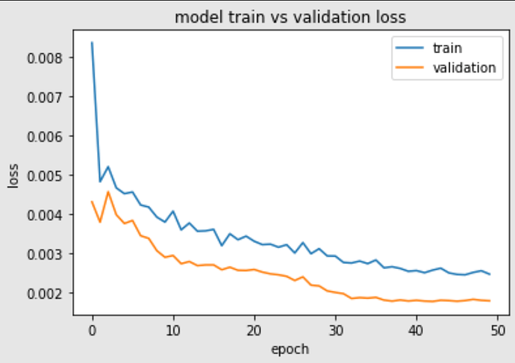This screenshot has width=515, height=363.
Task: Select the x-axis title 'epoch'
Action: tap(289, 348)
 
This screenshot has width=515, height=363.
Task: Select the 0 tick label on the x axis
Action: tap(92, 329)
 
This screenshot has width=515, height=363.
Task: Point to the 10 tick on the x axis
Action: tap(173, 329)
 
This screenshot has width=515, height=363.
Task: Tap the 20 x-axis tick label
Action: tap(255, 329)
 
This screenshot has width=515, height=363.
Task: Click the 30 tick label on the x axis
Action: tap(335, 329)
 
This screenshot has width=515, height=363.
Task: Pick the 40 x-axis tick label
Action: tap(416, 329)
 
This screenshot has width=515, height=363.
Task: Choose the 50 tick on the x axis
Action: tap(498, 329)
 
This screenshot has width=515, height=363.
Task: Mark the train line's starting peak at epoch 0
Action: tap(92, 43)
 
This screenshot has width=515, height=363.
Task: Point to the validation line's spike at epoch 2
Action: tap(108, 192)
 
